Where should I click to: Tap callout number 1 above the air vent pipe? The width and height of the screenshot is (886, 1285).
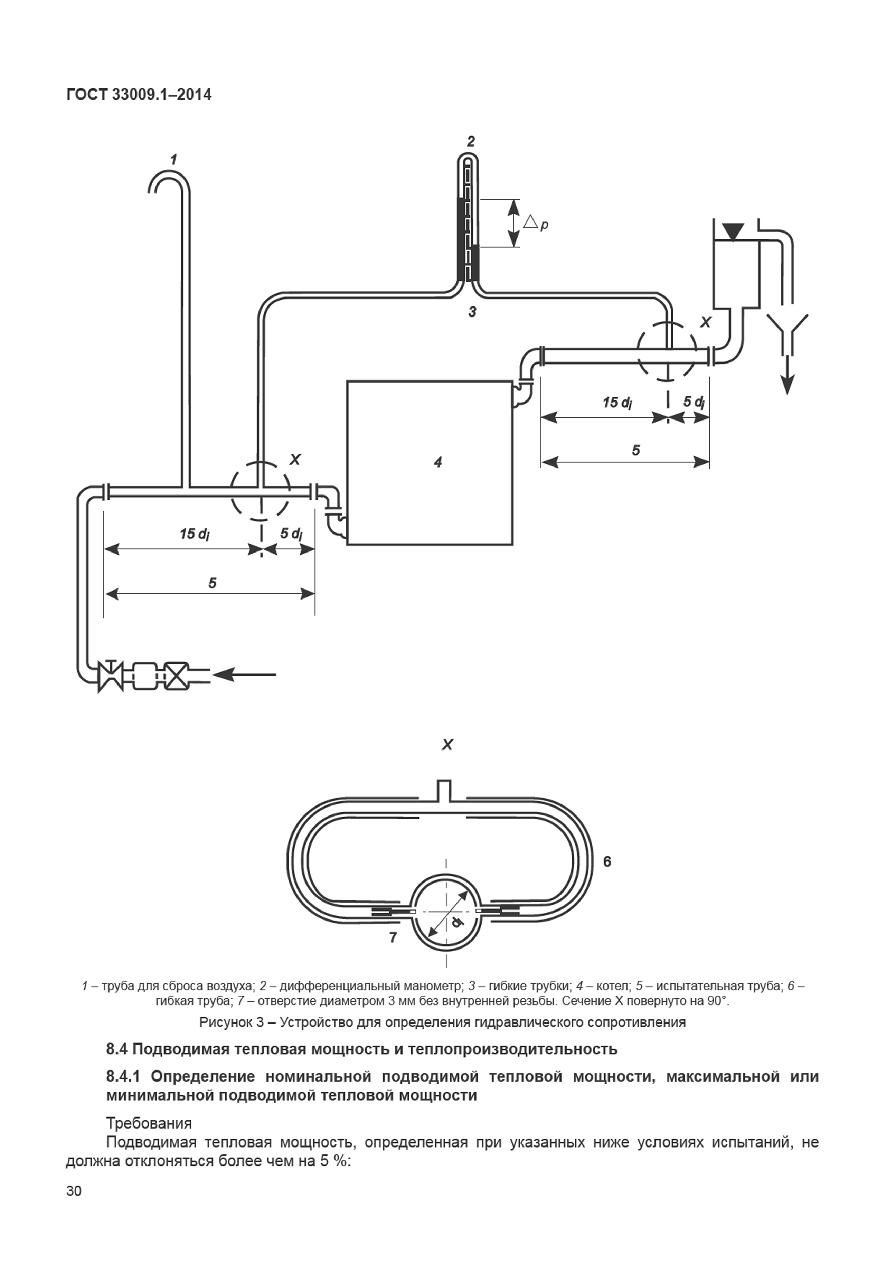coord(174,160)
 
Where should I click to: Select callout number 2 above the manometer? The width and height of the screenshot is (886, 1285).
coord(471,141)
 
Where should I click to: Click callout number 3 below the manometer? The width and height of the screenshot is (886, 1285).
coord(472,312)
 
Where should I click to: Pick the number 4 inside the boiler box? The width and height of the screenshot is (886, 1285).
coord(438,462)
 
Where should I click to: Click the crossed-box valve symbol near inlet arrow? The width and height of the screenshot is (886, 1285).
coord(178,676)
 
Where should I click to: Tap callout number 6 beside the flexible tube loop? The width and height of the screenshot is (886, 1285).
coord(607,861)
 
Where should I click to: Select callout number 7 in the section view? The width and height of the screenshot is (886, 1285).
coord(393,937)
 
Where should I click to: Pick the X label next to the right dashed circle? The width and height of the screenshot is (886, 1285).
coord(705,323)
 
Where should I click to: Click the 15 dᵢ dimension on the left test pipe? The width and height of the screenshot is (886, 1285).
coord(194,534)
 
